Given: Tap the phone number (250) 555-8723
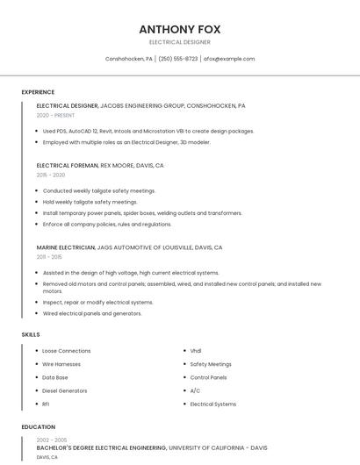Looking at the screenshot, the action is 178,59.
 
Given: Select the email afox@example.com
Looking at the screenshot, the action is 229,59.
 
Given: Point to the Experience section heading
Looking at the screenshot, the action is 38,92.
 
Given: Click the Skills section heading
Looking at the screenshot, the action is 31,334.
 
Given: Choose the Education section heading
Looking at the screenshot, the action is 38,427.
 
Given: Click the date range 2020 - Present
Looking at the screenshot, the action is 55,115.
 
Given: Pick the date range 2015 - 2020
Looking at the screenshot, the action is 51,175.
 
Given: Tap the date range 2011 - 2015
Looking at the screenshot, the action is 49,257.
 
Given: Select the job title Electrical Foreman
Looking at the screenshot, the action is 68,165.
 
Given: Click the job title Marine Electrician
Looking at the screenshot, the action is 66,247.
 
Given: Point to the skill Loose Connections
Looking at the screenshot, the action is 67,351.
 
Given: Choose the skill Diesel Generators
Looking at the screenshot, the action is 65,390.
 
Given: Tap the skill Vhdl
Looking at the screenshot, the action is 196,351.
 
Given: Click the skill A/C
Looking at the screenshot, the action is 195,390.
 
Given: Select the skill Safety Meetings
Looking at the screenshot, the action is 211,364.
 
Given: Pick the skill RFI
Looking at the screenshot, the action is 46,404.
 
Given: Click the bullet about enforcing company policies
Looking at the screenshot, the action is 107,224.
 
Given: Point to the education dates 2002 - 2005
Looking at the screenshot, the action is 52,440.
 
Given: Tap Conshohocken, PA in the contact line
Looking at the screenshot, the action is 129,59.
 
